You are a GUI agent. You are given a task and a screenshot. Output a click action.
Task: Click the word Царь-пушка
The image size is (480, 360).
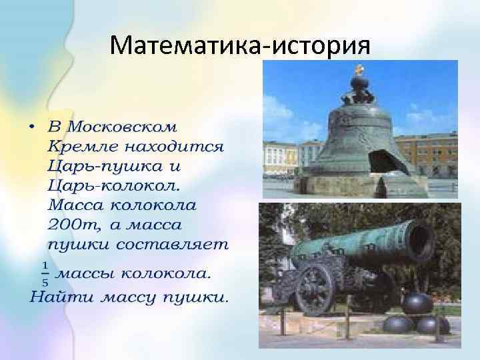[105, 165]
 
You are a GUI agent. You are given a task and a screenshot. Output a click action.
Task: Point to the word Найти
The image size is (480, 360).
[61, 297]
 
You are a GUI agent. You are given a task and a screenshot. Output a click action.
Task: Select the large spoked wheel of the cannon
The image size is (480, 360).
[315, 289]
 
